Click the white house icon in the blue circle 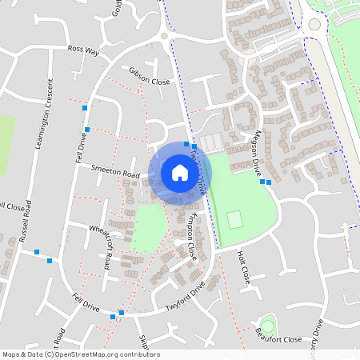pyautogui.click(x=180, y=172)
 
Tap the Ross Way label pyautogui.click(x=83, y=50)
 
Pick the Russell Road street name pyautogui.click(x=24, y=222)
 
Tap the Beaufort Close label pyautogui.click(x=278, y=339)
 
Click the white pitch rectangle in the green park pyautogui.click(x=234, y=218)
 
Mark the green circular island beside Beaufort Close pyautogui.click(x=267, y=325)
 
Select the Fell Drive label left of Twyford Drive pyautogui.click(x=83, y=304)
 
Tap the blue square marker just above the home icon pyautogui.click(x=186, y=144)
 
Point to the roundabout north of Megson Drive pyautogui.click(x=313, y=25)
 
